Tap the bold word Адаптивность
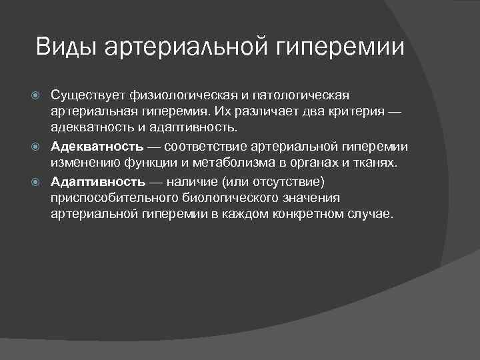[98, 182]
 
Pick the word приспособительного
[109, 199]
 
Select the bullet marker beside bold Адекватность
[39, 147]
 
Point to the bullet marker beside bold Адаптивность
[39, 182]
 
